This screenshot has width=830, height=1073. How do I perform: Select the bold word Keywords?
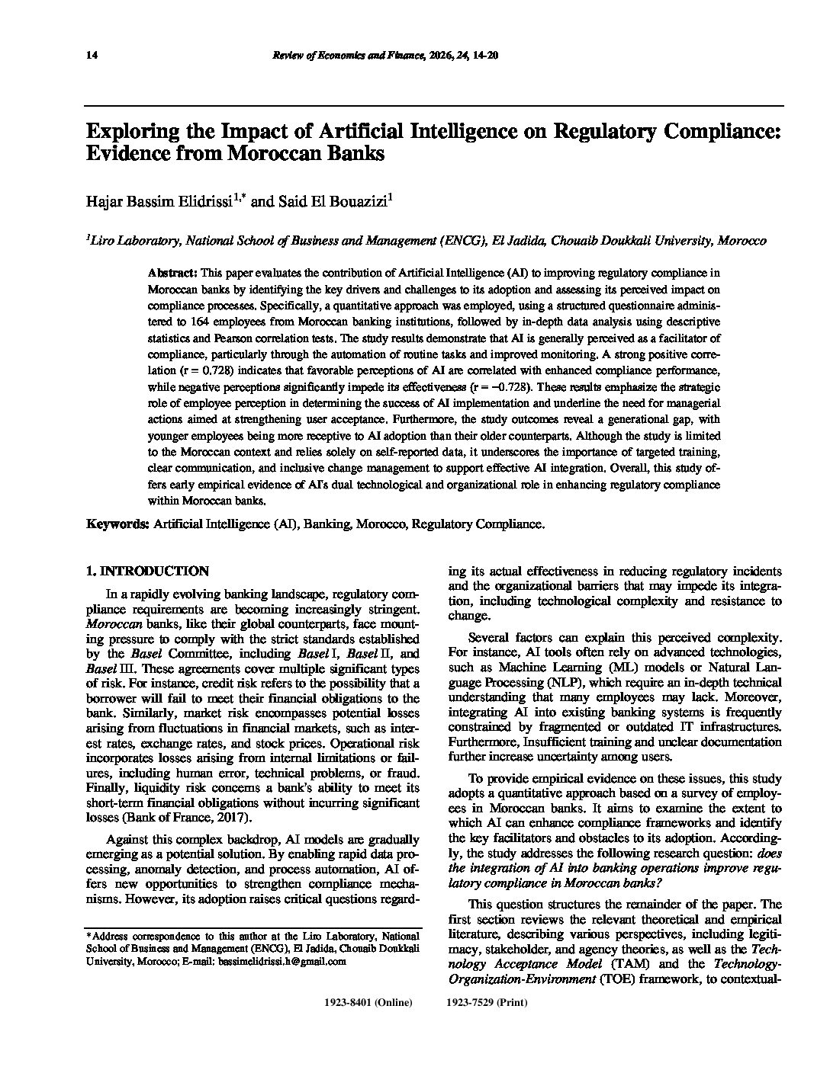click(118, 524)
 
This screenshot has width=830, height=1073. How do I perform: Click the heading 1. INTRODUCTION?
click(147, 571)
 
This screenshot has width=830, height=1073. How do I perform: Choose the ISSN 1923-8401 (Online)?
click(368, 1003)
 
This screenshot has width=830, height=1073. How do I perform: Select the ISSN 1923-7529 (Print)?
click(487, 1003)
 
